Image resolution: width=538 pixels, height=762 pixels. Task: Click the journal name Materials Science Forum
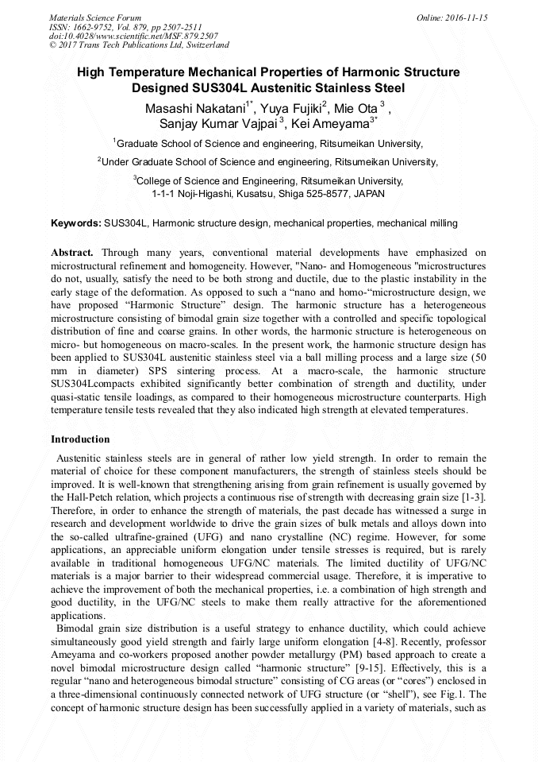click(x=95, y=17)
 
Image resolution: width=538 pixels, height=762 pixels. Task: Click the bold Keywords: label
click(x=75, y=224)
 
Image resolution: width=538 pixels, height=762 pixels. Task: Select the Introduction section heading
click(x=80, y=439)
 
